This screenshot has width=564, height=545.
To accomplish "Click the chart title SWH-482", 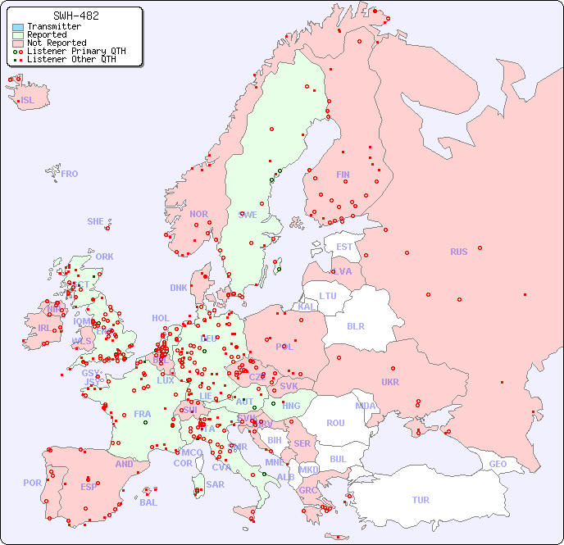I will pos(76,16).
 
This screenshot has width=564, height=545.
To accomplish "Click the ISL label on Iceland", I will pos(28,101).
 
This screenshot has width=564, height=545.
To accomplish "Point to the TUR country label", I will pos(421,500).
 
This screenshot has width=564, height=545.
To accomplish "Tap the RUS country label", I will pos(458,252).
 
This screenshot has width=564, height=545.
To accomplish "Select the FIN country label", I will pos(343,175).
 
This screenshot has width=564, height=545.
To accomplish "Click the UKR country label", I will pos(389,382).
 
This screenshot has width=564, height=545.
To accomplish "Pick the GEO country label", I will pos(498,464).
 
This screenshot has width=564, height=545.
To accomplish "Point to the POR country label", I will pos(32,483).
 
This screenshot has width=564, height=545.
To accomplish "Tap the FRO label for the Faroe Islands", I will pos(70,174).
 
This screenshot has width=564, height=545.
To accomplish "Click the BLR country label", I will pos(355,325).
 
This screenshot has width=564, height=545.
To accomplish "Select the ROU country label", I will pos(335,423).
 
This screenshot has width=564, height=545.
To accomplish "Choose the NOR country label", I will pos(198,214).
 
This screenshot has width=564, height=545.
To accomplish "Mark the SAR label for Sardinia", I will pos(215,484).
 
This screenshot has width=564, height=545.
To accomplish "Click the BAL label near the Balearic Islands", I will pos(148,502).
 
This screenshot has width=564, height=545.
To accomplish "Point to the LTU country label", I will pos(328,296).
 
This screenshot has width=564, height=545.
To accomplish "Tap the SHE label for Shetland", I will pos(96,221).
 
